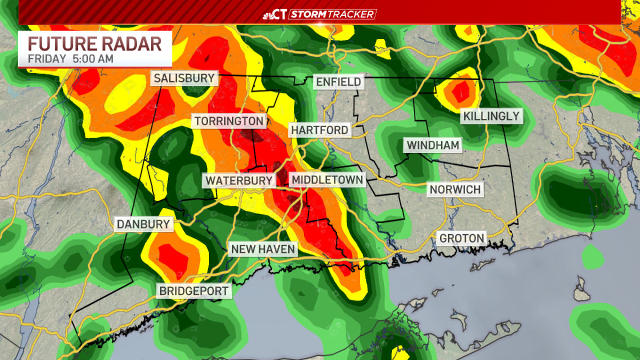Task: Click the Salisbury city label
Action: click(184, 79)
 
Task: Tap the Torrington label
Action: click(229, 121)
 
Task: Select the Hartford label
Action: click(319, 130)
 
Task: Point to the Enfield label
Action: click(339, 82)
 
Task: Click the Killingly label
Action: click(491, 116)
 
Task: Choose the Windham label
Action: click(433, 145)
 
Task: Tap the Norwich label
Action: click(455, 189)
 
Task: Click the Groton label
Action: click(462, 238)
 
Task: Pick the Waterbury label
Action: click(239, 180)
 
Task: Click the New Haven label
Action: click(262, 249)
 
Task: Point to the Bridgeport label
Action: click(194, 291)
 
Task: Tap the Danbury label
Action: click(144, 225)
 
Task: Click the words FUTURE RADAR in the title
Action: click(95, 43)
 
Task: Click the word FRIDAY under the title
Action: click(47, 59)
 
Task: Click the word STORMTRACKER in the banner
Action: click(332, 14)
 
